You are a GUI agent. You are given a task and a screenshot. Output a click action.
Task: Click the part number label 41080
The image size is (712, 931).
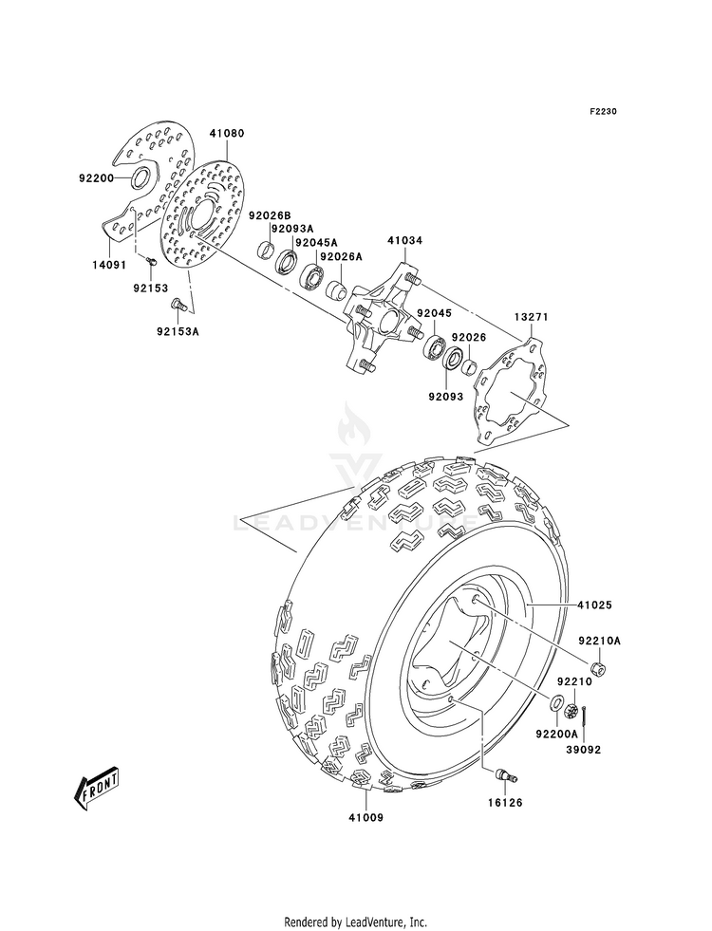click(x=226, y=134)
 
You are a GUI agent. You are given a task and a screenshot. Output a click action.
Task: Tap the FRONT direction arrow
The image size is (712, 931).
click(x=96, y=788)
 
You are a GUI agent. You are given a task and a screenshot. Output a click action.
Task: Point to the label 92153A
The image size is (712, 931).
click(x=178, y=331)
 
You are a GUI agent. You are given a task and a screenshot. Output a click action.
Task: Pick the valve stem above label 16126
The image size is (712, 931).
click(x=506, y=774)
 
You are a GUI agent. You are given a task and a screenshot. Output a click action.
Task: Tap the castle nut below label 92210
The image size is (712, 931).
click(x=572, y=709)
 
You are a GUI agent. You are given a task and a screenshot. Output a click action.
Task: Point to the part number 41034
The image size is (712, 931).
click(x=405, y=240)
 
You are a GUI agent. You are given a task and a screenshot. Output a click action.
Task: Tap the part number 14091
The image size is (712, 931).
click(x=108, y=265)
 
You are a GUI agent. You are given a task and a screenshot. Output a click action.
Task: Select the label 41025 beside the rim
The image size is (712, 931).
click(x=594, y=605)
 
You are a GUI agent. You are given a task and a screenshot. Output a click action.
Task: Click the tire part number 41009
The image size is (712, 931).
click(x=365, y=818)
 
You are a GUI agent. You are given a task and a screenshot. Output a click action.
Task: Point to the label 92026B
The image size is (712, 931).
click(x=269, y=214)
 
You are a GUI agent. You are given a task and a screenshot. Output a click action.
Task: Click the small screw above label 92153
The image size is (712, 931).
click(x=150, y=260)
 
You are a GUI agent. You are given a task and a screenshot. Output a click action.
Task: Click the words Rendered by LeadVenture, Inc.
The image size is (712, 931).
click(x=356, y=922)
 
